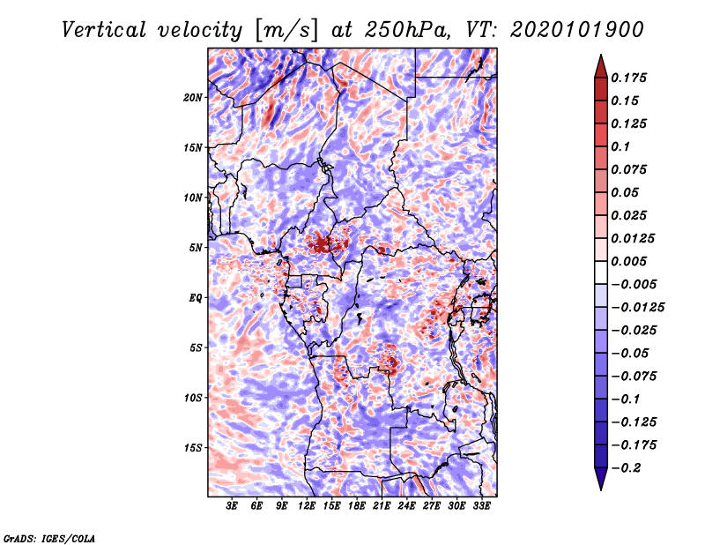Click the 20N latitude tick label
tap(193, 97)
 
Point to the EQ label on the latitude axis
tap(196, 298)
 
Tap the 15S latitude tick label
tap(193, 448)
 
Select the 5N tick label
tap(196, 248)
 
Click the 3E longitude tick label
tap(232, 506)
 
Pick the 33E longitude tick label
tap(481, 506)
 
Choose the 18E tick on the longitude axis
tap(357, 506)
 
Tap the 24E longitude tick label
tap(406, 506)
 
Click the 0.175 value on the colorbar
tap(631, 78)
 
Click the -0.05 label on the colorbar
tap(631, 353)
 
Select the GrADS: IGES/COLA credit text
tap(48, 537)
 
